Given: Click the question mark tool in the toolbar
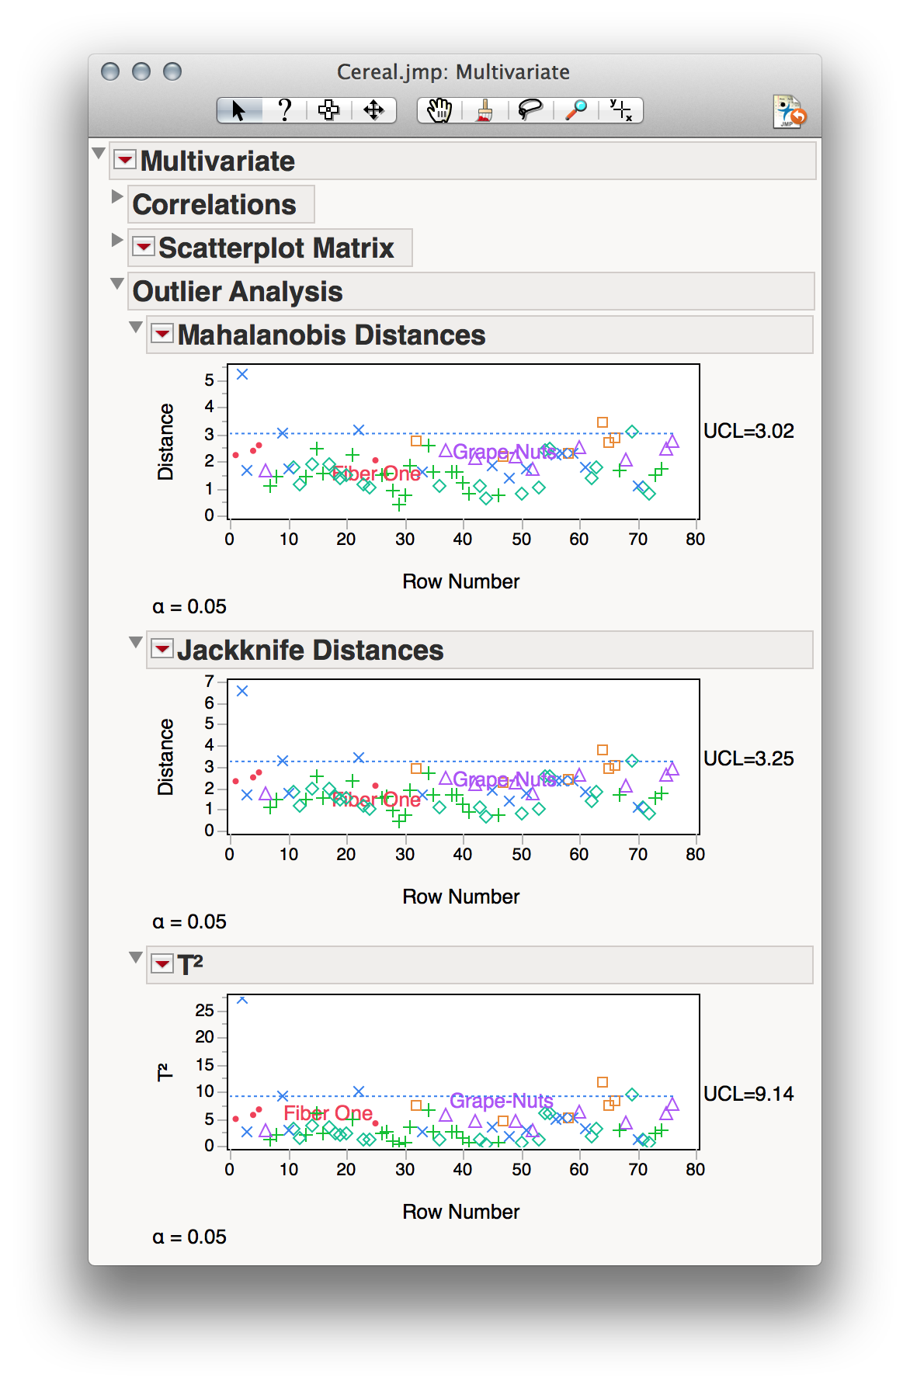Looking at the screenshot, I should tap(284, 110).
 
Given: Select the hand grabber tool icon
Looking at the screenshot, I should tap(439, 110).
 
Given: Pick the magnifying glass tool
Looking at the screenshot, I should tap(575, 110).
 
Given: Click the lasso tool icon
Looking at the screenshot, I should tap(530, 110).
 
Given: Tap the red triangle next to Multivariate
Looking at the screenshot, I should tap(124, 160).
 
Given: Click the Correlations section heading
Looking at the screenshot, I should tap(214, 204).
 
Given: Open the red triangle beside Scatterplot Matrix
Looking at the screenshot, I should tap(144, 247).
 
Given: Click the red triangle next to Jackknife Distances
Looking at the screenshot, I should tap(162, 649).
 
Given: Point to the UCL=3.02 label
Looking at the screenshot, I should tap(748, 432).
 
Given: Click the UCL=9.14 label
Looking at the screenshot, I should tap(748, 1095).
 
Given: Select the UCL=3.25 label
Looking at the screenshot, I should tap(748, 759).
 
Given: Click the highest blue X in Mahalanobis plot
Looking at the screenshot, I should tap(242, 374).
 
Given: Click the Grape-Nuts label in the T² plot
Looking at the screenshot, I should tap(501, 1101).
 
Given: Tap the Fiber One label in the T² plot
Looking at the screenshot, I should tap(328, 1113).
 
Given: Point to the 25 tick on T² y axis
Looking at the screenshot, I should tap(204, 1010).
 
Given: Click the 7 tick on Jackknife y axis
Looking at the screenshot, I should tap(209, 682).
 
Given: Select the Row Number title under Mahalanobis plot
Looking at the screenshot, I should tap(460, 581).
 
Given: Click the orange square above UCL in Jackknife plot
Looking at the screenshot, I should tap(603, 750).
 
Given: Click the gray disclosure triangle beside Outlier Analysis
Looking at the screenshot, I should tap(117, 283).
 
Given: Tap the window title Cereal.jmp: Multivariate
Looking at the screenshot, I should tap(453, 72).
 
